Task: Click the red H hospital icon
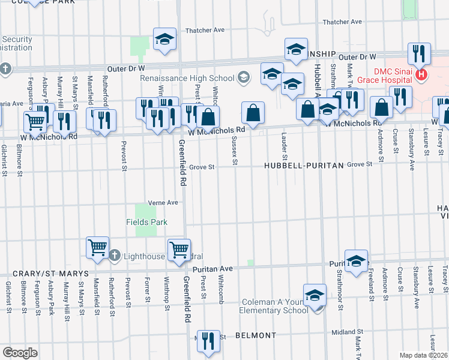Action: pos(421,75)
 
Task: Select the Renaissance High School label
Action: pos(187,78)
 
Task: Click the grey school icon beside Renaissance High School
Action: pos(244,77)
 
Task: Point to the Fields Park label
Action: pos(146,222)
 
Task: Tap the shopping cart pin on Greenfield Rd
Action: pos(179,249)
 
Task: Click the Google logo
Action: pos(19,353)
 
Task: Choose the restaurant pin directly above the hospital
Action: pos(419,53)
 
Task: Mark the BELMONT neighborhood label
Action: pos(256,335)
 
